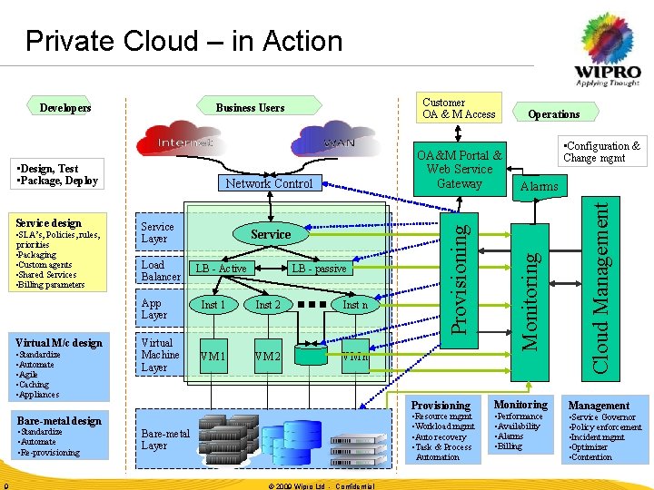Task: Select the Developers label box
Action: click(65, 107)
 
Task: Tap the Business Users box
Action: click(250, 107)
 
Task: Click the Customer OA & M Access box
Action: click(459, 108)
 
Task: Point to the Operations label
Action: click(553, 113)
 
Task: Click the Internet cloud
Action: click(185, 142)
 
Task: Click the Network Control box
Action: click(269, 183)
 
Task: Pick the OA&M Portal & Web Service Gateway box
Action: click(459, 170)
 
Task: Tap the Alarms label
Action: click(539, 186)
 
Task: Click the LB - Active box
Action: click(221, 269)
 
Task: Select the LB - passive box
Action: click(318, 269)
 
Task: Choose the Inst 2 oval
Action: click(268, 305)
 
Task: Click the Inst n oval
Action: click(355, 305)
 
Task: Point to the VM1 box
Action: click(213, 357)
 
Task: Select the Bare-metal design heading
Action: click(59, 420)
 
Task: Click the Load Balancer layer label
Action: click(161, 270)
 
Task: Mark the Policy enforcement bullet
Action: click(607, 426)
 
